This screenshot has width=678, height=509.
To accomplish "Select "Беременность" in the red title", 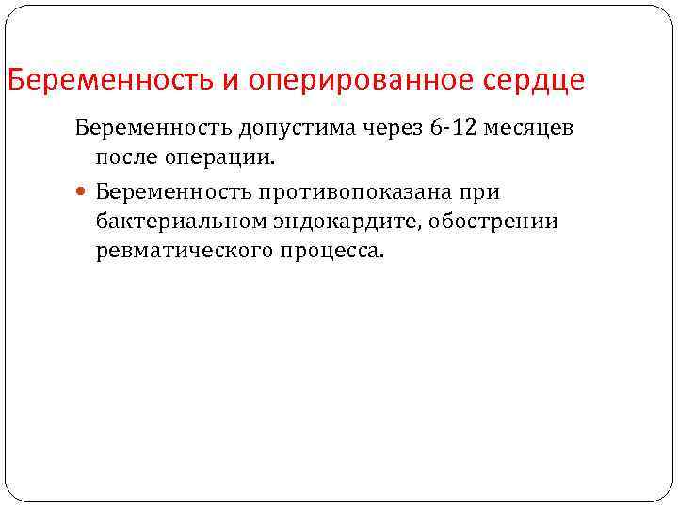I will [x=110, y=79].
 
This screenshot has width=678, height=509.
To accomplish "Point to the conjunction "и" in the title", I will [x=230, y=79].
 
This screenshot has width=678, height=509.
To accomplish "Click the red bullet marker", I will [x=82, y=192].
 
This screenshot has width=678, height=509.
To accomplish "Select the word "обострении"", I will [x=508, y=222].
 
